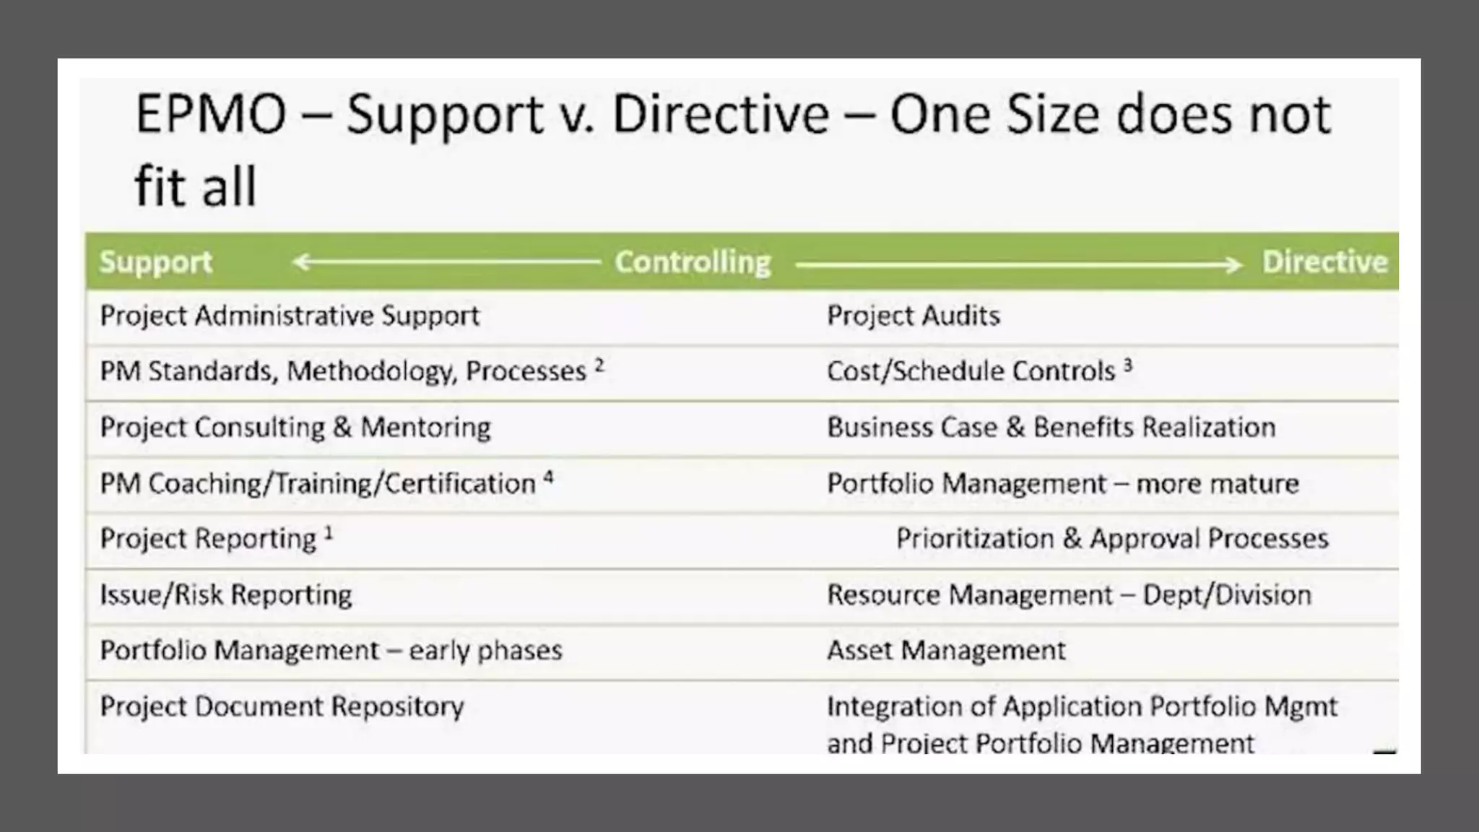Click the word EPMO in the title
(x=210, y=115)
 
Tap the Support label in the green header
(x=155, y=262)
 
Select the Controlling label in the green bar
(x=693, y=262)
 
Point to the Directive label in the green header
(x=1324, y=262)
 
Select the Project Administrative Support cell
(x=289, y=316)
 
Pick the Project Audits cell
(x=913, y=316)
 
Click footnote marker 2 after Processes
(x=599, y=365)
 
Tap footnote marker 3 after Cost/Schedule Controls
(x=1128, y=365)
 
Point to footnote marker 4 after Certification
(x=548, y=477)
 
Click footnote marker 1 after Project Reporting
(x=329, y=533)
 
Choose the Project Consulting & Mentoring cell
(x=295, y=427)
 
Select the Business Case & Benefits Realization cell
(x=1051, y=427)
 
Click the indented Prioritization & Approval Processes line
(x=1111, y=539)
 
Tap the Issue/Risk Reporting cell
(x=225, y=594)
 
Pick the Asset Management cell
(x=945, y=650)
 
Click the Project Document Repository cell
(x=282, y=706)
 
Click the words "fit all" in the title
(x=195, y=186)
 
